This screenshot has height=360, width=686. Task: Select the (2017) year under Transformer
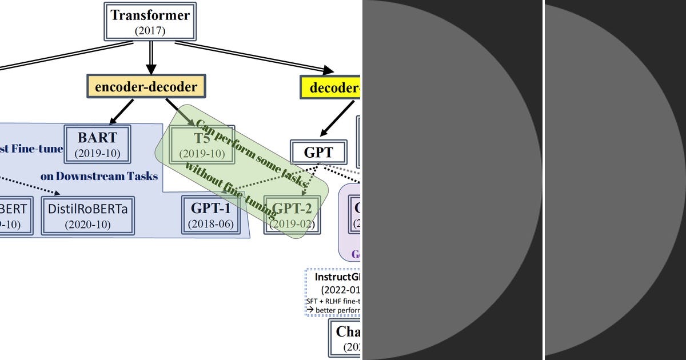coord(150,31)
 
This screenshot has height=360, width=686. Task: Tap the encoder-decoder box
coord(146,87)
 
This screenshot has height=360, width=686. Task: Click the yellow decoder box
coord(330,88)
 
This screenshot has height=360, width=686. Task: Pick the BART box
coord(97,143)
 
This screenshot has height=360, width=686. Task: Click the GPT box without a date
coord(318,153)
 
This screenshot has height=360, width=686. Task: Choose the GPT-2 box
coord(292,214)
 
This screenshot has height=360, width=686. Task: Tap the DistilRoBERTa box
coord(89,215)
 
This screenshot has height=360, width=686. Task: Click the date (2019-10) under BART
coord(97,153)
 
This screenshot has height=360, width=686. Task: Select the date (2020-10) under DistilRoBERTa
coord(89,224)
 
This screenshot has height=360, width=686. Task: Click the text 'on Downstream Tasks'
coord(99,176)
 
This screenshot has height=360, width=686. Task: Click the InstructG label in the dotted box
coord(338,277)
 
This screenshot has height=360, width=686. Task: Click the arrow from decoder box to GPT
coord(337,119)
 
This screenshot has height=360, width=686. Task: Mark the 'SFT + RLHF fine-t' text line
coord(333,301)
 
